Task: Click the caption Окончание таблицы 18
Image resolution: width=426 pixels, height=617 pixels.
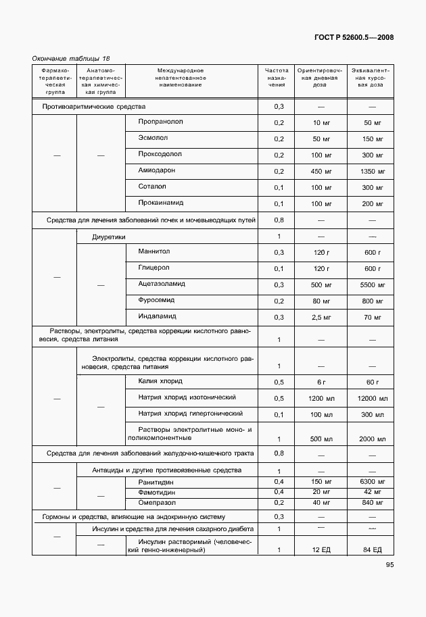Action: pyautogui.click(x=70, y=59)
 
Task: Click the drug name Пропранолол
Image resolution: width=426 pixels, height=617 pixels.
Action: pyautogui.click(x=161, y=122)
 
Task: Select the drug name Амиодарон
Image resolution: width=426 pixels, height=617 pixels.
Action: pyautogui.click(x=156, y=170)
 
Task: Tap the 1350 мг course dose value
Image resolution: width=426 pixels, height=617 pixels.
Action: pyautogui.click(x=373, y=172)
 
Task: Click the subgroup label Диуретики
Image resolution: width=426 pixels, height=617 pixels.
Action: pyautogui.click(x=109, y=237)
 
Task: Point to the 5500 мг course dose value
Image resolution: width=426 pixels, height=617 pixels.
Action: pyautogui.click(x=373, y=285)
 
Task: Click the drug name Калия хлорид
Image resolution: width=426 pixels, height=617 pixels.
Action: pyautogui.click(x=160, y=381)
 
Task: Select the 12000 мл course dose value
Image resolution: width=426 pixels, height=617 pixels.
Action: pyautogui.click(x=372, y=399)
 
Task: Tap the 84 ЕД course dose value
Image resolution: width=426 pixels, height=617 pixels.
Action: pyautogui.click(x=373, y=550)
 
